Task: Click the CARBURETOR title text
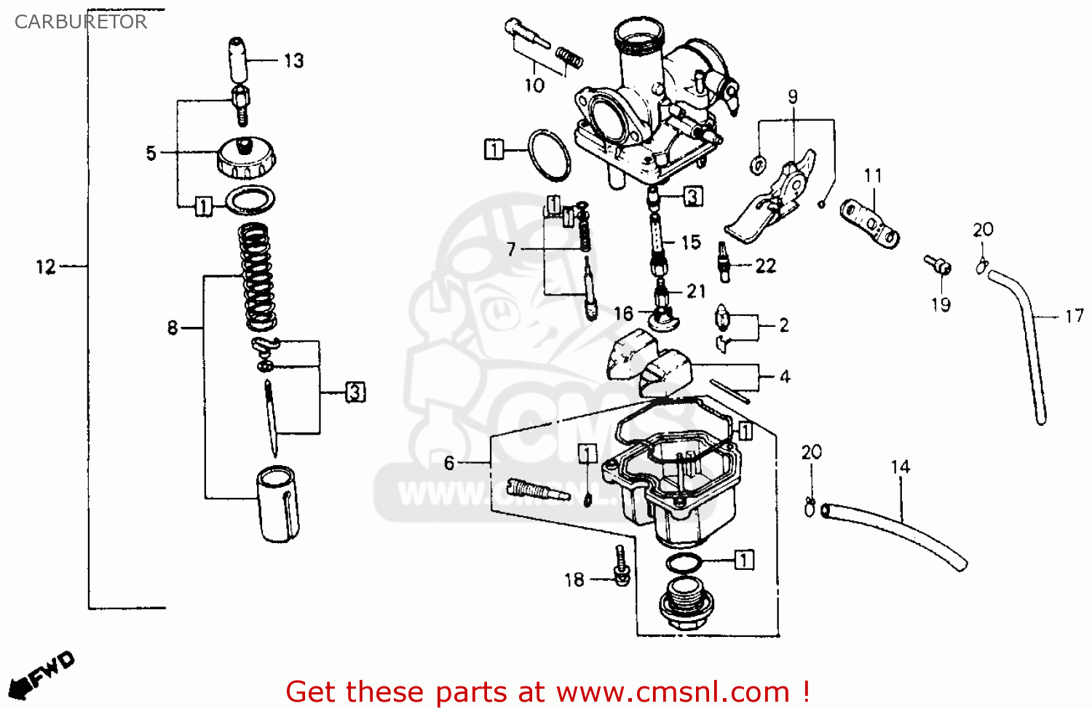(81, 22)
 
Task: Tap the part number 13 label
(293, 60)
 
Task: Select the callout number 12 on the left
(46, 267)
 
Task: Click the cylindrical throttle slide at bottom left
(277, 504)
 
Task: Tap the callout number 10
(534, 86)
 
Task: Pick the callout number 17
(1074, 316)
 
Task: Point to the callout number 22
(766, 266)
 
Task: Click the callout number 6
(449, 463)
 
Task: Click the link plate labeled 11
(869, 223)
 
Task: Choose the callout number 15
(691, 242)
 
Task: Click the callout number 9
(793, 97)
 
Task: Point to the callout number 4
(785, 376)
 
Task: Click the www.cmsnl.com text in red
(673, 692)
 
